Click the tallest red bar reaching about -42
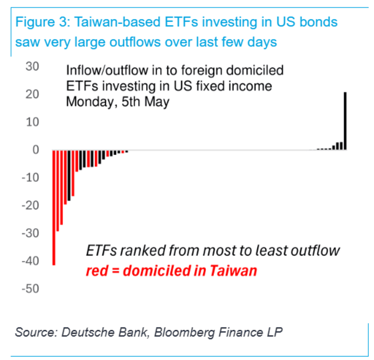point(54,206)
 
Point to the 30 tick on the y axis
point(32,66)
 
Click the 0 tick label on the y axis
point(35,150)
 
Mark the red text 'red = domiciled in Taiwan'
point(171,271)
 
